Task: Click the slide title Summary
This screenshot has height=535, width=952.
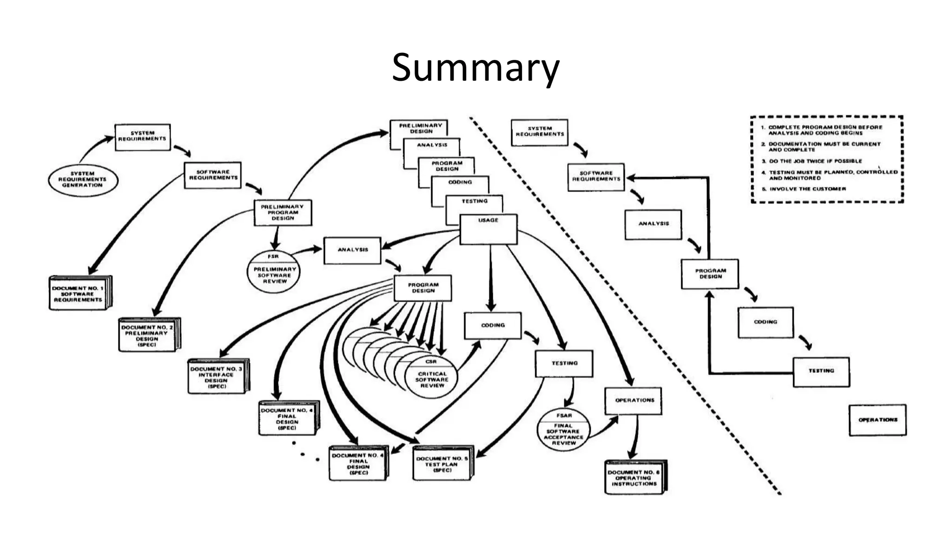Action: tap(475, 68)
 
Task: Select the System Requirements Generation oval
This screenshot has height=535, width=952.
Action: tap(83, 180)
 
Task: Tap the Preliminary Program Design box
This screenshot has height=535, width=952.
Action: tap(283, 213)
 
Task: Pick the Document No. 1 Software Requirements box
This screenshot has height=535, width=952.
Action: tap(78, 294)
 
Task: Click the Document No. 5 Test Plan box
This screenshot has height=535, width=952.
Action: tap(443, 464)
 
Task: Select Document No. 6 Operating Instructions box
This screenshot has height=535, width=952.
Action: tap(635, 478)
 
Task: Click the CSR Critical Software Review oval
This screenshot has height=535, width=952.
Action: tap(432, 377)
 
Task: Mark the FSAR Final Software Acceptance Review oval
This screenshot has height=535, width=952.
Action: tap(563, 430)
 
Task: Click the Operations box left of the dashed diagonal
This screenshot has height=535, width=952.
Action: tap(634, 401)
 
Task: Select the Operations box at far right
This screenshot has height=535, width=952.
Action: tap(878, 420)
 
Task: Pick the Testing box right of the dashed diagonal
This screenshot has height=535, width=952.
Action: tap(821, 372)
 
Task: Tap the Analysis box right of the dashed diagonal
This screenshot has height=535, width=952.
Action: tap(653, 224)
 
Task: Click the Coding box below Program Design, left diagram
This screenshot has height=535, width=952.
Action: tap(493, 326)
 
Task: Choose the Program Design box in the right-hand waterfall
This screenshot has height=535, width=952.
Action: tap(710, 274)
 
